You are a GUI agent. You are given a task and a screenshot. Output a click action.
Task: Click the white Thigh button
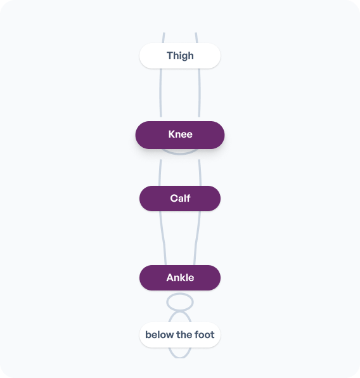(180, 56)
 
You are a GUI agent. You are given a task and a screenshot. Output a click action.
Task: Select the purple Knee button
(180, 135)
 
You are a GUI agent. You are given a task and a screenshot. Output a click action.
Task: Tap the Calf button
(180, 199)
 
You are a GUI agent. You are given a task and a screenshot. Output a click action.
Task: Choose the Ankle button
(180, 278)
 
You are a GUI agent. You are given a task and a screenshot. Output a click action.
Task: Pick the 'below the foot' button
(180, 335)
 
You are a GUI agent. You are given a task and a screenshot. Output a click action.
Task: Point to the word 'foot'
(205, 335)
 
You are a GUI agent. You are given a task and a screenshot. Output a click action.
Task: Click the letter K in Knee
(172, 134)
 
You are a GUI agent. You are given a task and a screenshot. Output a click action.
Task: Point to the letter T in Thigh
(170, 55)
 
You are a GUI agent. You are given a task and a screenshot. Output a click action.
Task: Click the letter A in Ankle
(170, 278)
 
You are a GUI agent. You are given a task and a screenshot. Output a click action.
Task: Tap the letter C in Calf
(174, 199)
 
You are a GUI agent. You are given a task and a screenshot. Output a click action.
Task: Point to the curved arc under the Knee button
(180, 153)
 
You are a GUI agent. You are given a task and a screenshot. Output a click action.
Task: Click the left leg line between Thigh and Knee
(160, 93)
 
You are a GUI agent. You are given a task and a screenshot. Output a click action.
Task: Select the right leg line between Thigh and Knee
(200, 93)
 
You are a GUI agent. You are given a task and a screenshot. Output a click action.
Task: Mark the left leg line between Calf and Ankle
(163, 238)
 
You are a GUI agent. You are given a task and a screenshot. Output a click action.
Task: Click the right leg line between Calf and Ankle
(197, 238)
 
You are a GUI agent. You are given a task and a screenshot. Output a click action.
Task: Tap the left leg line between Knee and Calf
(160, 173)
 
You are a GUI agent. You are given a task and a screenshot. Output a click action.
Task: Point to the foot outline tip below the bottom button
(180, 358)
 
